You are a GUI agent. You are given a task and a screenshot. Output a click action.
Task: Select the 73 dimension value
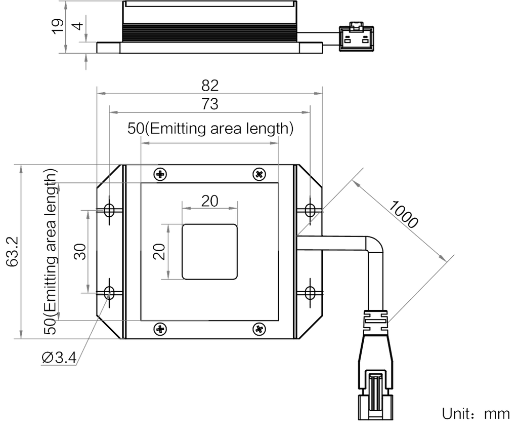210,104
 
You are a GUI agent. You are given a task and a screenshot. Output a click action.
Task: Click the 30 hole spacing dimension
79,251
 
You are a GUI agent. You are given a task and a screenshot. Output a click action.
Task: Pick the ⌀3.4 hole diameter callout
58,358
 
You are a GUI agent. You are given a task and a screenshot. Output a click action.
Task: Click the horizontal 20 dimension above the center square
210,201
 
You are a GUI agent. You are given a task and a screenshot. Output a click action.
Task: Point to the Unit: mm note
475,414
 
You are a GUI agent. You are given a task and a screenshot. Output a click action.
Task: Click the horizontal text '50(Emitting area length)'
210,129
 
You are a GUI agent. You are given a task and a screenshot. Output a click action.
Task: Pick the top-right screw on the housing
260,174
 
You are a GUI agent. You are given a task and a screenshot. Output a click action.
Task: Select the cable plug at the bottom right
376,372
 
